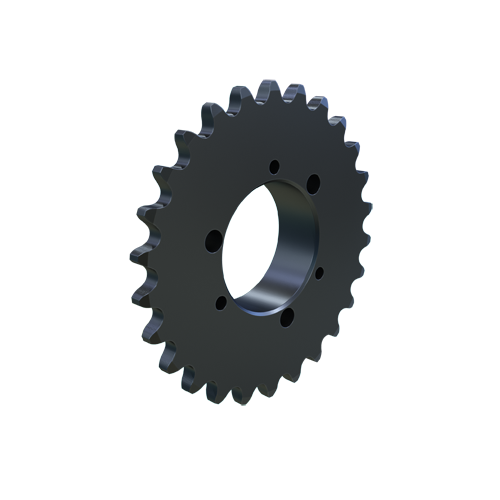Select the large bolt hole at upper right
[313, 182]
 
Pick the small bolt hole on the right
[318, 271]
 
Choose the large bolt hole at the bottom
[287, 318]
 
